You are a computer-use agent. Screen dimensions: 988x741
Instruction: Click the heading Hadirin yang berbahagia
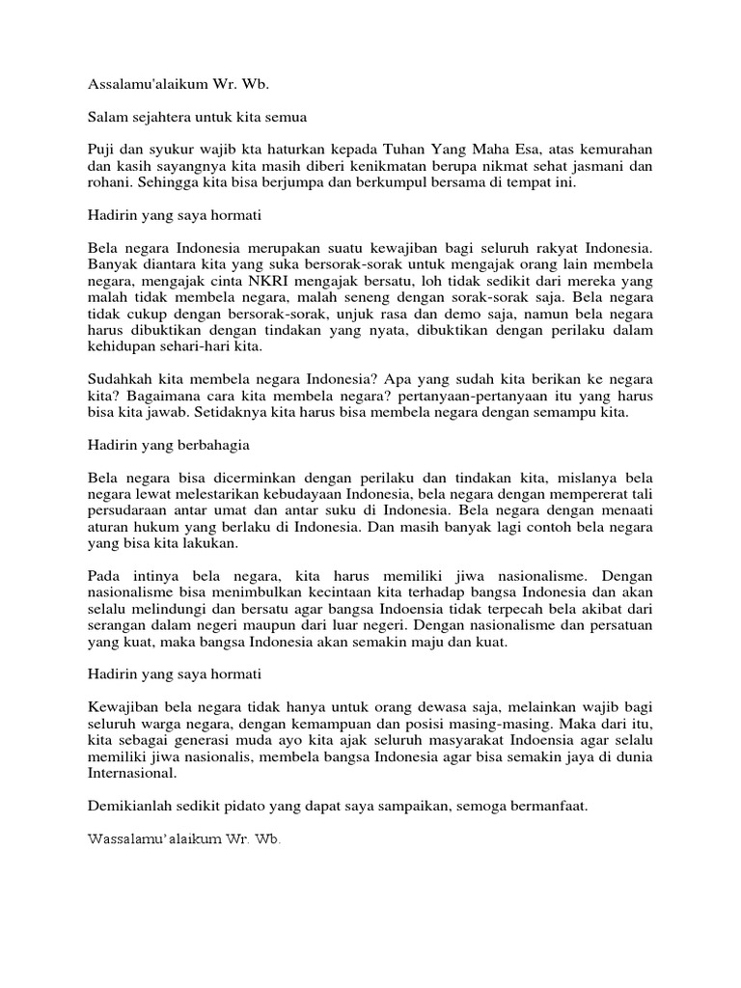click(x=168, y=448)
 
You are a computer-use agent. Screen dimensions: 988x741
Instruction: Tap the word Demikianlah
click(x=129, y=806)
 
